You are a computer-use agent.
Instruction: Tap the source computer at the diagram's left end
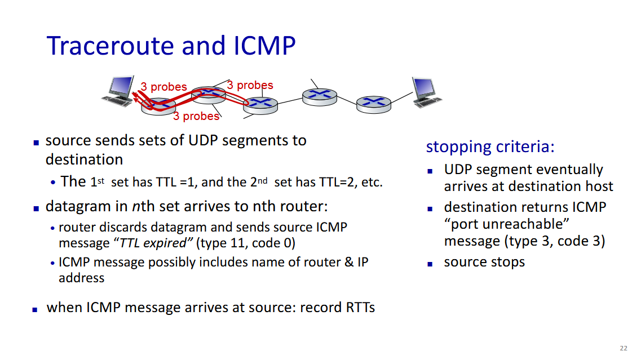118,91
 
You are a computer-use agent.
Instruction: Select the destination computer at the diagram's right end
426,92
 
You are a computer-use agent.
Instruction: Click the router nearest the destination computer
374,105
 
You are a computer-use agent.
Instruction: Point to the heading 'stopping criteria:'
490,146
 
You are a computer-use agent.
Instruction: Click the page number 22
624,348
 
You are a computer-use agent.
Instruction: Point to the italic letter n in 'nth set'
136,207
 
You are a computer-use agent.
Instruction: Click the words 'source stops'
484,262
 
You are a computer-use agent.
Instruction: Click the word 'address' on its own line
82,278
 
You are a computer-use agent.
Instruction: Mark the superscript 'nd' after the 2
263,180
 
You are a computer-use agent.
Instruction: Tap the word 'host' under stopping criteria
599,186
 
